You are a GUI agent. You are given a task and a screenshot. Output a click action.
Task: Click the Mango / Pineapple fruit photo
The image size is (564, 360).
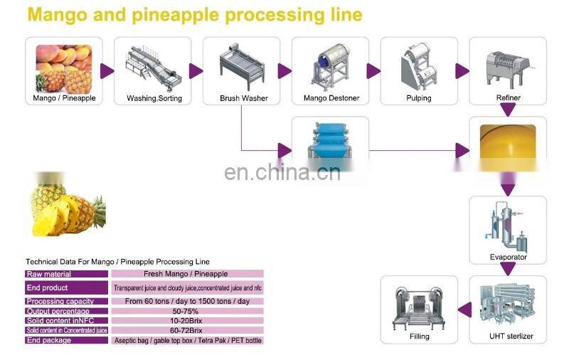63,65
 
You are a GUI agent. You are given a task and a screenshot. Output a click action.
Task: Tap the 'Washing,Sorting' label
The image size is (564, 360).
154,98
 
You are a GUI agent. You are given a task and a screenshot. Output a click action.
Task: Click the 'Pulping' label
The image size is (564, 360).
418,98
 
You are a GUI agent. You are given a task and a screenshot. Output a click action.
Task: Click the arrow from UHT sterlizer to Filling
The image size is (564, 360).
463,309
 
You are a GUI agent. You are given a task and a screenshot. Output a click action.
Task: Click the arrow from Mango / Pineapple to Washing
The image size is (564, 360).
107,70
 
